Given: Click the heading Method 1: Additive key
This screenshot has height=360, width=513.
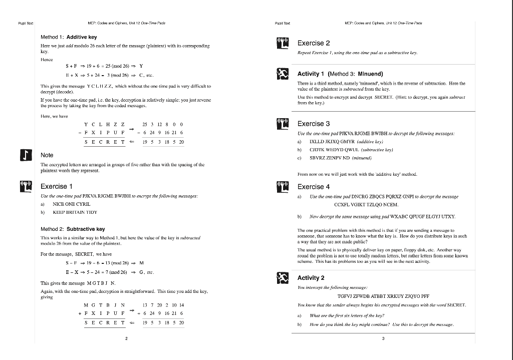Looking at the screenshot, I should coord(69,37).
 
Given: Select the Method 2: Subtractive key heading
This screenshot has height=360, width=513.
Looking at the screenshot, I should coord(73,229).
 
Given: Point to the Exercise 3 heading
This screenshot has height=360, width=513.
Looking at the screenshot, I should coord(314,124).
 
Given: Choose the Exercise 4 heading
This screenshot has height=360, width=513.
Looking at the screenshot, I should coord(314,187).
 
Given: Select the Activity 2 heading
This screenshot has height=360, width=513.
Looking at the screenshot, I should coord(311,277).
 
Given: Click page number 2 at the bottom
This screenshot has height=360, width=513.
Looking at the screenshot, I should coord(127,339).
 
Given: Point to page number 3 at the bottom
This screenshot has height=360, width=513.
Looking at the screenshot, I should coord(383,339).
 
